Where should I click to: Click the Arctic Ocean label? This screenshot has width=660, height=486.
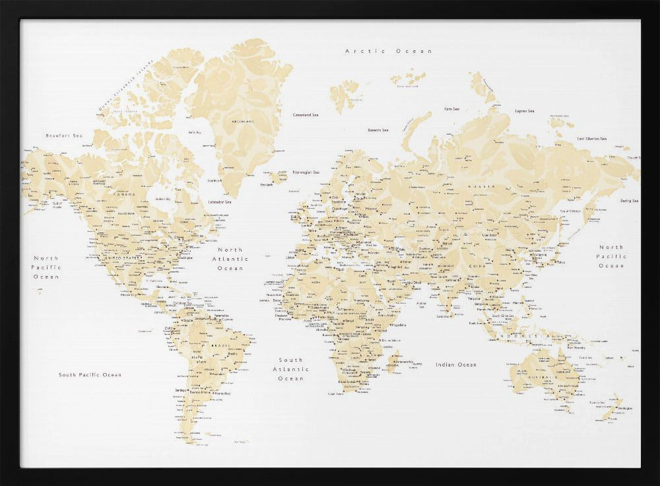[389, 51]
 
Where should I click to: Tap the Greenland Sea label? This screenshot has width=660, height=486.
[306, 115]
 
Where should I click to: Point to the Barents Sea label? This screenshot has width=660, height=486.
[378, 130]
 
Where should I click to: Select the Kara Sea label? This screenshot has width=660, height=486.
[451, 109]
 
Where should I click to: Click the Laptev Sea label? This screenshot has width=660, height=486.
[525, 111]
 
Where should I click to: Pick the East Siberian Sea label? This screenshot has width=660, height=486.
[591, 139]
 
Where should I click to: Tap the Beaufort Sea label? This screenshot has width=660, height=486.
[64, 135]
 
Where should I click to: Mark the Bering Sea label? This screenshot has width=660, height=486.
[629, 201]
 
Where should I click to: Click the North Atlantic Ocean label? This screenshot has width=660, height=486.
[230, 259]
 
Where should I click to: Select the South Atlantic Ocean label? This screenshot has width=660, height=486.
[291, 369]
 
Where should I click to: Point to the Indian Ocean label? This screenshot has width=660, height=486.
[455, 364]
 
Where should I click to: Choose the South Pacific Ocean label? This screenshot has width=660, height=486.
[90, 374]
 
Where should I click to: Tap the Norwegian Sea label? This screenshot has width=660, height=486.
[306, 172]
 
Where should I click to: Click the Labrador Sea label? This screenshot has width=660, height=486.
[220, 202]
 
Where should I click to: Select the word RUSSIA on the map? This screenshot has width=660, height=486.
[481, 186]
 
